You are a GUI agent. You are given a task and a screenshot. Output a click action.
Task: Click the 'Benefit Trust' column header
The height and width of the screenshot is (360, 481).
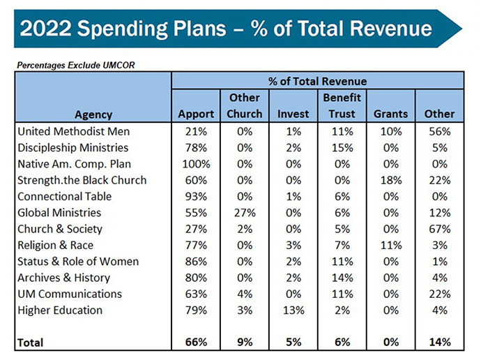coord(342,105)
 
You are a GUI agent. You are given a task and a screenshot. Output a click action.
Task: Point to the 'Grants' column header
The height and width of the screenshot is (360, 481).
coord(390,114)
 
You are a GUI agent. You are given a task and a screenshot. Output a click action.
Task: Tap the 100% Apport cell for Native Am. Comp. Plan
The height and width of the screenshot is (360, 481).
coord(196,163)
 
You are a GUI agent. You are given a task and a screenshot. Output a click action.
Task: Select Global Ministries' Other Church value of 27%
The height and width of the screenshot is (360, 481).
coord(244,212)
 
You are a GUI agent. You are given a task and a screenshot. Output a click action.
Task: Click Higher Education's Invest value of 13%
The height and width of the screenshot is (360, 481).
coord(293,310)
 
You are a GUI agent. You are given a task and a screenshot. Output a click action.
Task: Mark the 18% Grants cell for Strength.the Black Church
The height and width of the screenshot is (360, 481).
coord(390,180)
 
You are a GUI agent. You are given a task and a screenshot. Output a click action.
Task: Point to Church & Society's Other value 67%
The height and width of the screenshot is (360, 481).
coord(439,229)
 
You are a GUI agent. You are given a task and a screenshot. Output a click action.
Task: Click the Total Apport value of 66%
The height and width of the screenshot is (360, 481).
coord(196,342)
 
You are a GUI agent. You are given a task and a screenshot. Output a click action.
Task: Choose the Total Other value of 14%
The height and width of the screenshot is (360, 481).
coord(439,342)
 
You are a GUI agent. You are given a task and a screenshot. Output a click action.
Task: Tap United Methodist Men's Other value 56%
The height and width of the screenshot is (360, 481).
coord(439,130)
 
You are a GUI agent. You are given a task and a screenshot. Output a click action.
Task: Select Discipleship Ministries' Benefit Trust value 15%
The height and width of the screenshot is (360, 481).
coord(342,147)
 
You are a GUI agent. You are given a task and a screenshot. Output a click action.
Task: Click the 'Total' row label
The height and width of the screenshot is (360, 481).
coord(31,343)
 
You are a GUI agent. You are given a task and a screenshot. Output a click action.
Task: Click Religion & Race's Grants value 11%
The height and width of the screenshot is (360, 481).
coord(390,245)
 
